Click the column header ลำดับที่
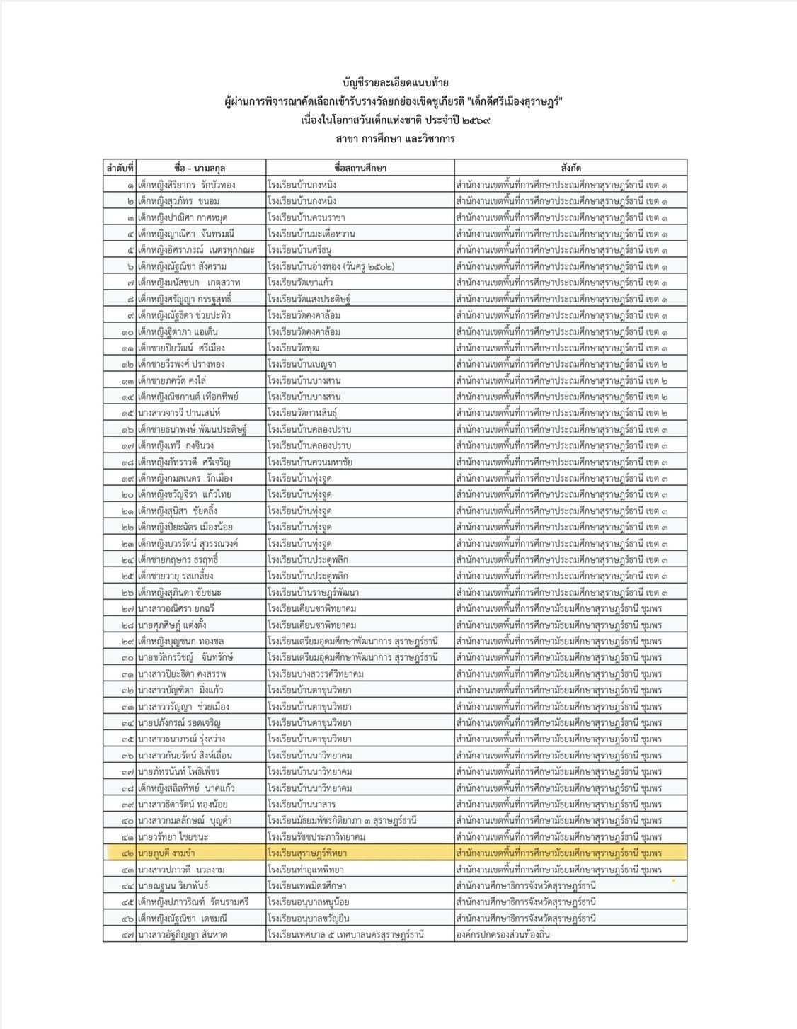pyautogui.click(x=120, y=168)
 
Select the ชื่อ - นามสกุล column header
pyautogui.click(x=200, y=168)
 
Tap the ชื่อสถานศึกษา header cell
pyautogui.click(x=360, y=168)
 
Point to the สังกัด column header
pyautogui.click(x=570, y=168)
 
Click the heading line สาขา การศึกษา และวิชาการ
pyautogui.click(x=395, y=139)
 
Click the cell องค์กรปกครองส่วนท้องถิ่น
pyautogui.click(x=503, y=935)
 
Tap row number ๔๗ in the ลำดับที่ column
pyautogui.click(x=127, y=935)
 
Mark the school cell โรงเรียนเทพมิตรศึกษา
pyautogui.click(x=309, y=886)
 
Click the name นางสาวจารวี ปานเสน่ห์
pyautogui.click(x=180, y=413)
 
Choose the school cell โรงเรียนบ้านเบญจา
pyautogui.click(x=302, y=364)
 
